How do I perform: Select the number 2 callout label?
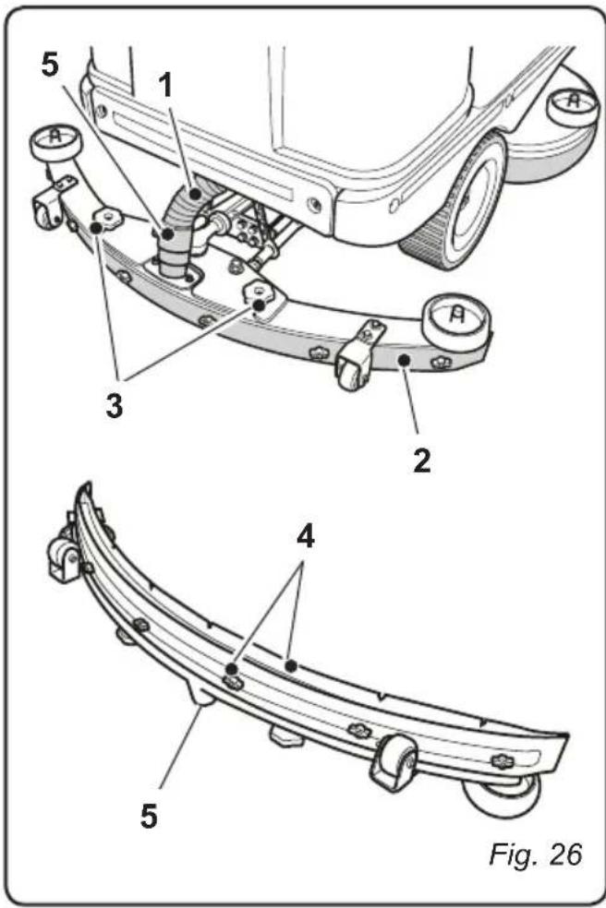pos(420,459)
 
